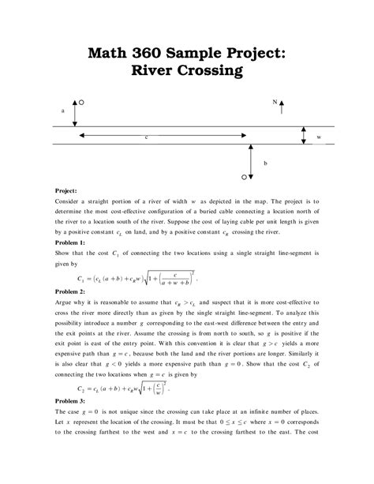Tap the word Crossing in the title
pos(211,72)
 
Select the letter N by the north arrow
pos(275,103)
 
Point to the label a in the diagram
pos(62,111)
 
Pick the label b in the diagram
pos(266,163)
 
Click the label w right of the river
pos(318,137)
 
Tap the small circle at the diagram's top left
pos(82,102)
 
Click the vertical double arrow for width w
pos(304,137)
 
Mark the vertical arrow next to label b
pos(251,161)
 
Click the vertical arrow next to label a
pos(74,113)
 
